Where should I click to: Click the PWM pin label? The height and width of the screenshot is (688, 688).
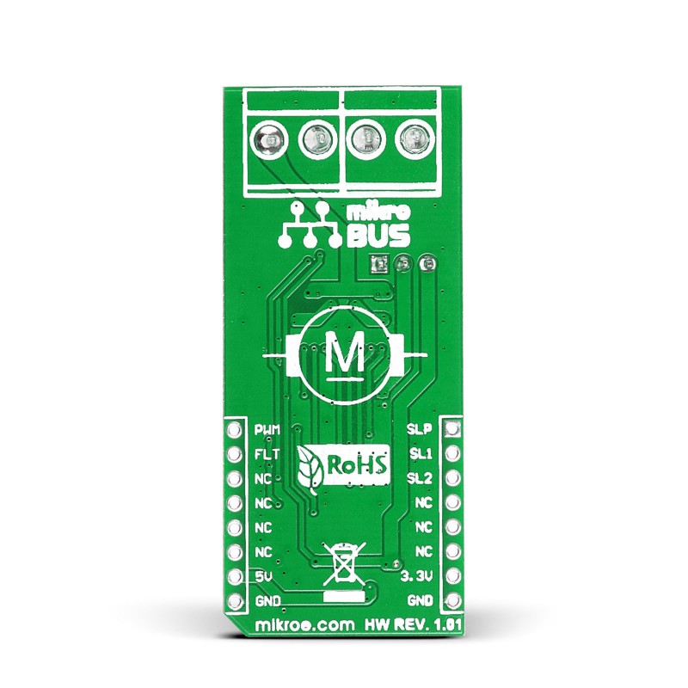pyautogui.click(x=268, y=428)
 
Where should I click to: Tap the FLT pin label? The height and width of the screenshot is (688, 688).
pyautogui.click(x=267, y=453)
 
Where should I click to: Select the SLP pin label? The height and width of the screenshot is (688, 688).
pyautogui.click(x=419, y=428)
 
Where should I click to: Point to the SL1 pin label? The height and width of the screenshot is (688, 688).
pyautogui.click(x=419, y=453)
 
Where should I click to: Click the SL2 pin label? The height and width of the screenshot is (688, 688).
pyautogui.click(x=419, y=478)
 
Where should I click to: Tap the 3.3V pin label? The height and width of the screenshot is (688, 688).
pyautogui.click(x=415, y=575)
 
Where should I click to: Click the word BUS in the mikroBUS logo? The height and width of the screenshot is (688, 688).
pyautogui.click(x=374, y=234)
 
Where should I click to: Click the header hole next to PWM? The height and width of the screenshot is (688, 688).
pyautogui.click(x=234, y=428)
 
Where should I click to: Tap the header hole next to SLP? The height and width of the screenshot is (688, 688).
pyautogui.click(x=453, y=428)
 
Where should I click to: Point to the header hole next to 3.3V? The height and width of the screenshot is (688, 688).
pyautogui.click(x=453, y=575)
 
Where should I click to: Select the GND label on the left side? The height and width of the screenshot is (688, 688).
pyautogui.click(x=267, y=600)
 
